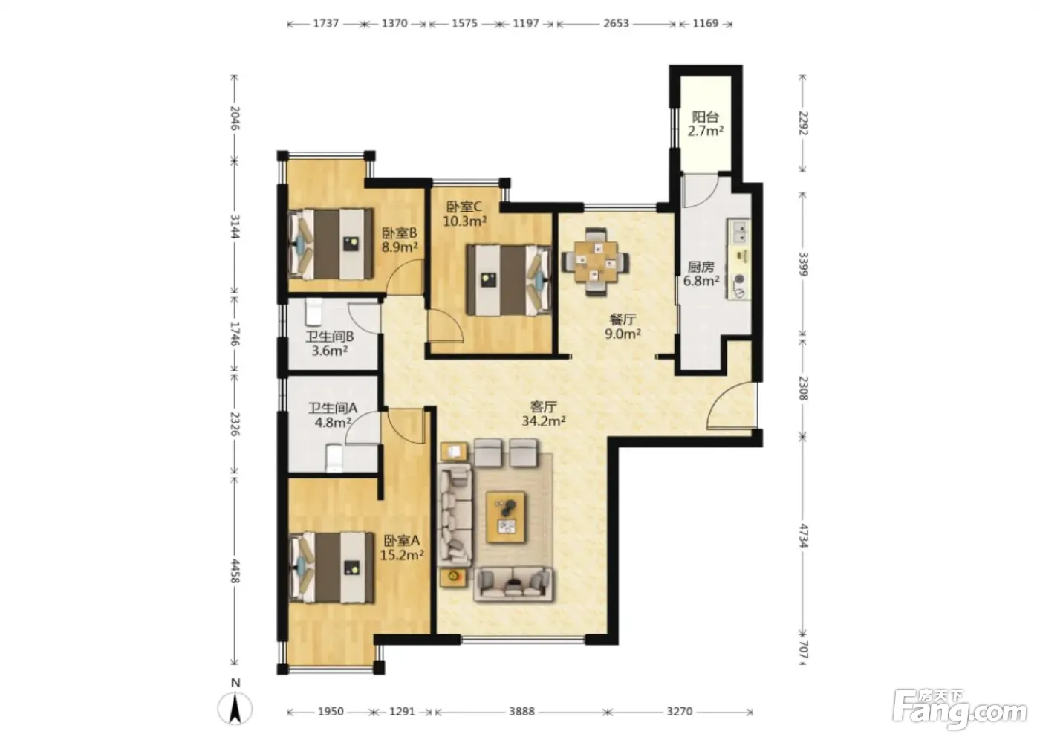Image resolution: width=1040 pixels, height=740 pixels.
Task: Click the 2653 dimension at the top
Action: coord(616,23)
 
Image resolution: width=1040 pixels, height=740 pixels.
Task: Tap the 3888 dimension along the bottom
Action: coord(521,711)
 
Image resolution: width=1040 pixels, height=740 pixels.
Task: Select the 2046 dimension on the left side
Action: coord(235,118)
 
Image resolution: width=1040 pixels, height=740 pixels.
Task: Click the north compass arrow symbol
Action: coord(235,709)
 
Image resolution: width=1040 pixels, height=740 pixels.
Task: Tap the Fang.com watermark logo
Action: coord(959,710)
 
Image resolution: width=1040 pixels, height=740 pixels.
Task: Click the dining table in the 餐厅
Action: coord(596,262)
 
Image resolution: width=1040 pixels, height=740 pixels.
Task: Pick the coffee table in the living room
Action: coord(506,517)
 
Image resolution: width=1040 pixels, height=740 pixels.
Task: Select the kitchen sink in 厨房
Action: coord(738,232)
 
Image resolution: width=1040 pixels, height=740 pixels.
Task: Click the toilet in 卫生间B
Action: coord(313,313)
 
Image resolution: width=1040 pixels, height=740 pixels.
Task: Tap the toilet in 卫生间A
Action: coord(334,458)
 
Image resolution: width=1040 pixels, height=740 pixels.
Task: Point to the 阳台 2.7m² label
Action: coord(705,124)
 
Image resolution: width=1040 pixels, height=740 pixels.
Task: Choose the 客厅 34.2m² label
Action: coord(543,414)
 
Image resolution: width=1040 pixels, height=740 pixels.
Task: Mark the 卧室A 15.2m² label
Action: coord(402,548)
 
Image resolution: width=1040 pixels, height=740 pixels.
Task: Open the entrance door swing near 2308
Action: coord(731,405)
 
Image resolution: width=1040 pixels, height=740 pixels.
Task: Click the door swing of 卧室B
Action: coord(405,277)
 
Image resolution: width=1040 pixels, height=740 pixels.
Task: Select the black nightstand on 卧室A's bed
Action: coord(351,568)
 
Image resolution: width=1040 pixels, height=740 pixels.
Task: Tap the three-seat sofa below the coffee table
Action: coord(513,585)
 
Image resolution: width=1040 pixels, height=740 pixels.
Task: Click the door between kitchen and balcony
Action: coord(701,190)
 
